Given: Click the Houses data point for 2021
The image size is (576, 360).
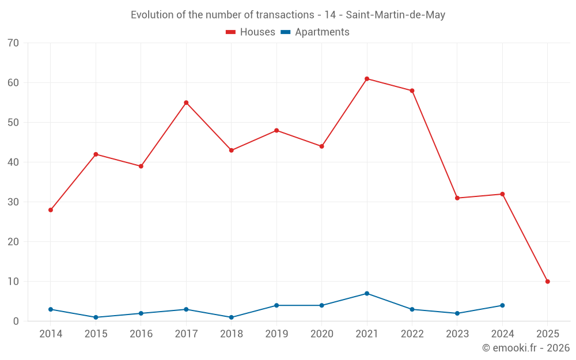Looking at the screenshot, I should pos(367,79).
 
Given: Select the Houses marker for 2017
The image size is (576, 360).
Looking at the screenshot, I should pos(186,103).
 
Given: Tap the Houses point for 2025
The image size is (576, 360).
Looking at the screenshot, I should pos(547,282).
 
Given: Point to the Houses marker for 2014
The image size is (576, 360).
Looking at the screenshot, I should pos(51,210).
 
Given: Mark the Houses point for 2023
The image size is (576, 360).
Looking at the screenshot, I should pos(457,198).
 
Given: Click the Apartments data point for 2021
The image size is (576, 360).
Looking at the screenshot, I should pos(367,294).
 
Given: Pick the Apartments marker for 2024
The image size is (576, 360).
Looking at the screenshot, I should pos(502,305).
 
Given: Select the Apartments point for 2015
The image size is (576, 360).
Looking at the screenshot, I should pos(96,317).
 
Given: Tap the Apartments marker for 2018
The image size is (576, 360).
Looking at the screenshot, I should pos(232,317).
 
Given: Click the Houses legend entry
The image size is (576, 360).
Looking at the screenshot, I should pos(251,32).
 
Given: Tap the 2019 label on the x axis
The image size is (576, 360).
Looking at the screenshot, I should pos(276,334).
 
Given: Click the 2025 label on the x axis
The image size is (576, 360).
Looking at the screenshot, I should pos(547,334).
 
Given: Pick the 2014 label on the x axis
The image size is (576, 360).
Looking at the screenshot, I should pos(51,334).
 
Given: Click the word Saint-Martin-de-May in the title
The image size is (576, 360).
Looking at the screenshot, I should pos(395,15).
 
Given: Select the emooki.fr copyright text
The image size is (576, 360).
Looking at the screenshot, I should pos(525,348).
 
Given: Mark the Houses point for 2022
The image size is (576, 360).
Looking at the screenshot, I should pos(412,90).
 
